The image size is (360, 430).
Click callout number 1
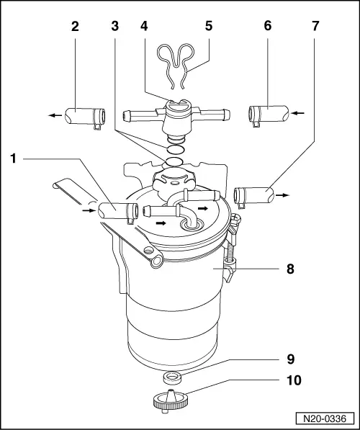point(14,158)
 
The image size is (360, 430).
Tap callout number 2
point(75,27)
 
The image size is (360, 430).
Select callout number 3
point(115,27)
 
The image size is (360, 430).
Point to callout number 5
point(209,27)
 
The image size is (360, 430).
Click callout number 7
point(315,27)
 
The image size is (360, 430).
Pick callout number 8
point(290,269)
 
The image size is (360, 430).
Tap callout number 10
point(294,380)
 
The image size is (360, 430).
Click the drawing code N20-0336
point(325,418)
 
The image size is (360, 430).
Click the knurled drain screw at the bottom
point(170,401)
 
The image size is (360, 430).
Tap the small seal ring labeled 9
point(172,378)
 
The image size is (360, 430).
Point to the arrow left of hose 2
point(55,115)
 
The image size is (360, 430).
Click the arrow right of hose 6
point(297,113)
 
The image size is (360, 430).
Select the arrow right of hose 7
point(282,195)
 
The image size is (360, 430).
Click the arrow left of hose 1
point(89,210)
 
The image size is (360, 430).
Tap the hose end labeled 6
point(269,115)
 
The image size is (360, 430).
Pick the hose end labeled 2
point(85,117)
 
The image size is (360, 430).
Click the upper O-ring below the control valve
point(176,150)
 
